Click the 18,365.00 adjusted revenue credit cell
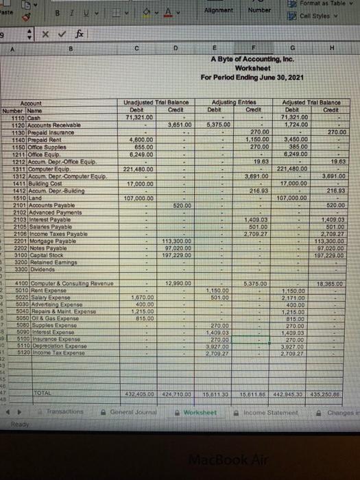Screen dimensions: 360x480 point(333,263)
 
